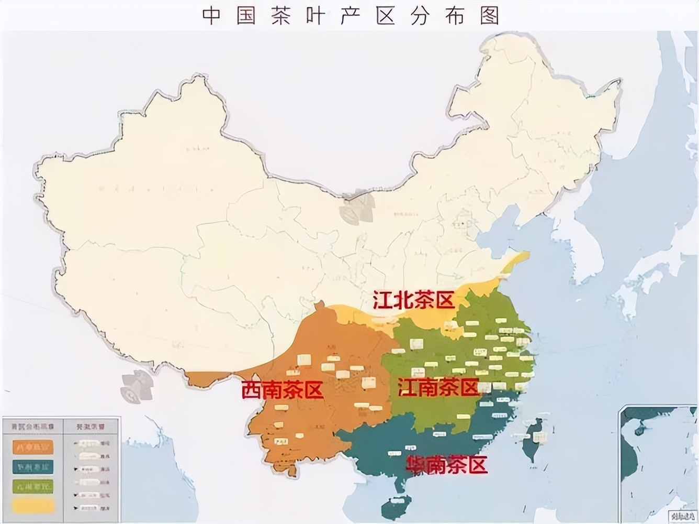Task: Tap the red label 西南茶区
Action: [x=282, y=390]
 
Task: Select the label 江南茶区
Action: [x=438, y=388]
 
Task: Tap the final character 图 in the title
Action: [x=489, y=16]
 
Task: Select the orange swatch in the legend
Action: [x=33, y=447]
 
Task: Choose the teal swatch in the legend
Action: [x=33, y=467]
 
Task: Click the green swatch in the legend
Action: [x=33, y=487]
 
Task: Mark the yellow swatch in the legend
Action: [x=33, y=506]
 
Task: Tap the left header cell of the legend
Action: [x=32, y=427]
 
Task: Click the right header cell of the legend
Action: [x=91, y=427]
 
